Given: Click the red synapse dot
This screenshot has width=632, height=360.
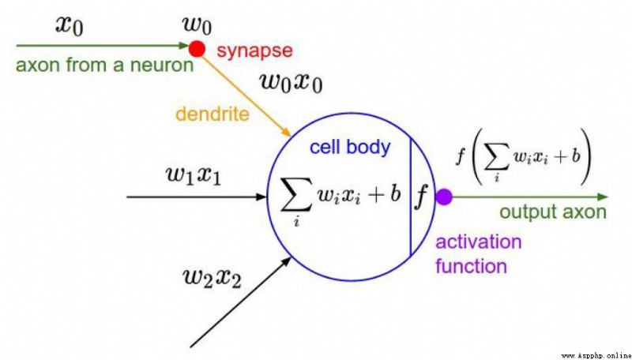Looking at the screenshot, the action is pos(197,49).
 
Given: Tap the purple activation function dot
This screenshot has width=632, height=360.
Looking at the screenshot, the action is pos(444,197).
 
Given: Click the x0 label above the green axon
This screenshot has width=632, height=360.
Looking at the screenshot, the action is pos(70,27).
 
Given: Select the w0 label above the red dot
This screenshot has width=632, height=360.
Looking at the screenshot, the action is pos(197,26).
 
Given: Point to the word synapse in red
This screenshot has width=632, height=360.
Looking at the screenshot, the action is pos(254,51).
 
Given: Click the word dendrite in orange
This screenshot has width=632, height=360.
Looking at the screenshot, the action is pos(213,114).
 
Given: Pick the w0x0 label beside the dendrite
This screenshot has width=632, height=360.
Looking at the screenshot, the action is pos(292,83).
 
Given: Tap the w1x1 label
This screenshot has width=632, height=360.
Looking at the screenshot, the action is pos(194,175).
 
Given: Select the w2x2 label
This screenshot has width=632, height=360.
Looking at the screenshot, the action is pos(212,278).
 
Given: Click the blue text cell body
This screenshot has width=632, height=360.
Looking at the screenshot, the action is pos(350,147).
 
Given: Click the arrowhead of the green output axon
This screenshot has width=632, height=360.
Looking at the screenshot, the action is pos(602,197).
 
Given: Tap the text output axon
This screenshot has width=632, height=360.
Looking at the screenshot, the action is pos(553,212).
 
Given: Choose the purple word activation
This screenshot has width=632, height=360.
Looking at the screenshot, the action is pos(479,242).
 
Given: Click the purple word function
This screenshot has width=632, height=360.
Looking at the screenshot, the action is pos(471,266).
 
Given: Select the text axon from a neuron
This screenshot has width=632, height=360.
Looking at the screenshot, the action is pos(105,65).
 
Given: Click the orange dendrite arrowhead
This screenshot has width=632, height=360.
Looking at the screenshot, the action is pos(287,133).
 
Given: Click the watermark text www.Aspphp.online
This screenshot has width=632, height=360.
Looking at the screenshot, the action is pos(596,356).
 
